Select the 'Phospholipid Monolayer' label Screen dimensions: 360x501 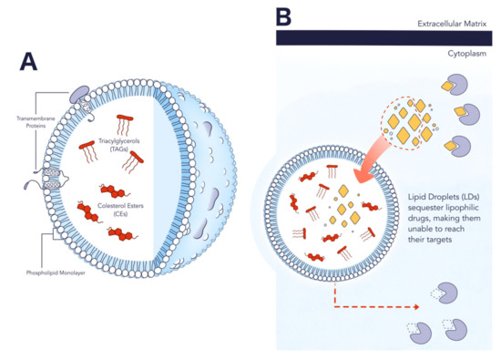coord(40,273)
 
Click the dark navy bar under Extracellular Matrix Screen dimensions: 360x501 coord(386,36)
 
